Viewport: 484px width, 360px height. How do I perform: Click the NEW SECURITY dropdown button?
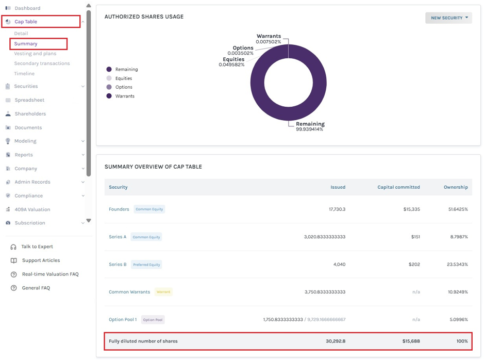point(448,18)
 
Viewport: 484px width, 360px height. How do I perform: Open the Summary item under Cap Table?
point(26,44)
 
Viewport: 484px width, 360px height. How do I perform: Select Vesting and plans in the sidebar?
point(35,54)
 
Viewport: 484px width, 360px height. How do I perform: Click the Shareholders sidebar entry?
point(30,113)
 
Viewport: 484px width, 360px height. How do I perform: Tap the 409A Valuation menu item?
point(32,209)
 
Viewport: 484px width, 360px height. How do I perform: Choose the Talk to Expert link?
point(37,247)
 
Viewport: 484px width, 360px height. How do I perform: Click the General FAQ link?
point(36,288)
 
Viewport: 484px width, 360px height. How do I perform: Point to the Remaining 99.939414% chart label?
point(310,126)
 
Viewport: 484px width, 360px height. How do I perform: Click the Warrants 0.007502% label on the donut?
point(269,39)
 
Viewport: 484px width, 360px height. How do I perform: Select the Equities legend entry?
point(124,78)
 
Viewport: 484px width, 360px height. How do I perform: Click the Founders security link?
point(119,209)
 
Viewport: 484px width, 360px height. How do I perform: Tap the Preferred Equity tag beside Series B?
point(146,265)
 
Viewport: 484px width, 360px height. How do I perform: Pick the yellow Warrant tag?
point(163,292)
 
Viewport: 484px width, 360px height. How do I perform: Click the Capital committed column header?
point(398,187)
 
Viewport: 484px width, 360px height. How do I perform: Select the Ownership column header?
point(456,187)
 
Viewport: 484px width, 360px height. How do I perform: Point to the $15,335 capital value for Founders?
point(411,209)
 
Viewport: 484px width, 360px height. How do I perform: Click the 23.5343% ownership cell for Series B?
point(457,264)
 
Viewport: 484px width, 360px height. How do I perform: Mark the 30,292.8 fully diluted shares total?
point(336,341)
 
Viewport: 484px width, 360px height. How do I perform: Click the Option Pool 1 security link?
point(123,320)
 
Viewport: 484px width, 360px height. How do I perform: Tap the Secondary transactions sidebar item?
point(42,63)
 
